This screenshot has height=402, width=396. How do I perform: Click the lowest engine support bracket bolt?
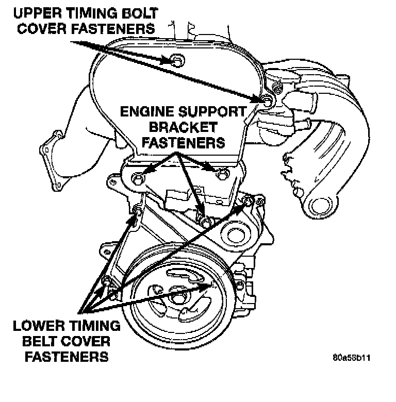205,222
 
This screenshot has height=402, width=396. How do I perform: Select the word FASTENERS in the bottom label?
60,357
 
